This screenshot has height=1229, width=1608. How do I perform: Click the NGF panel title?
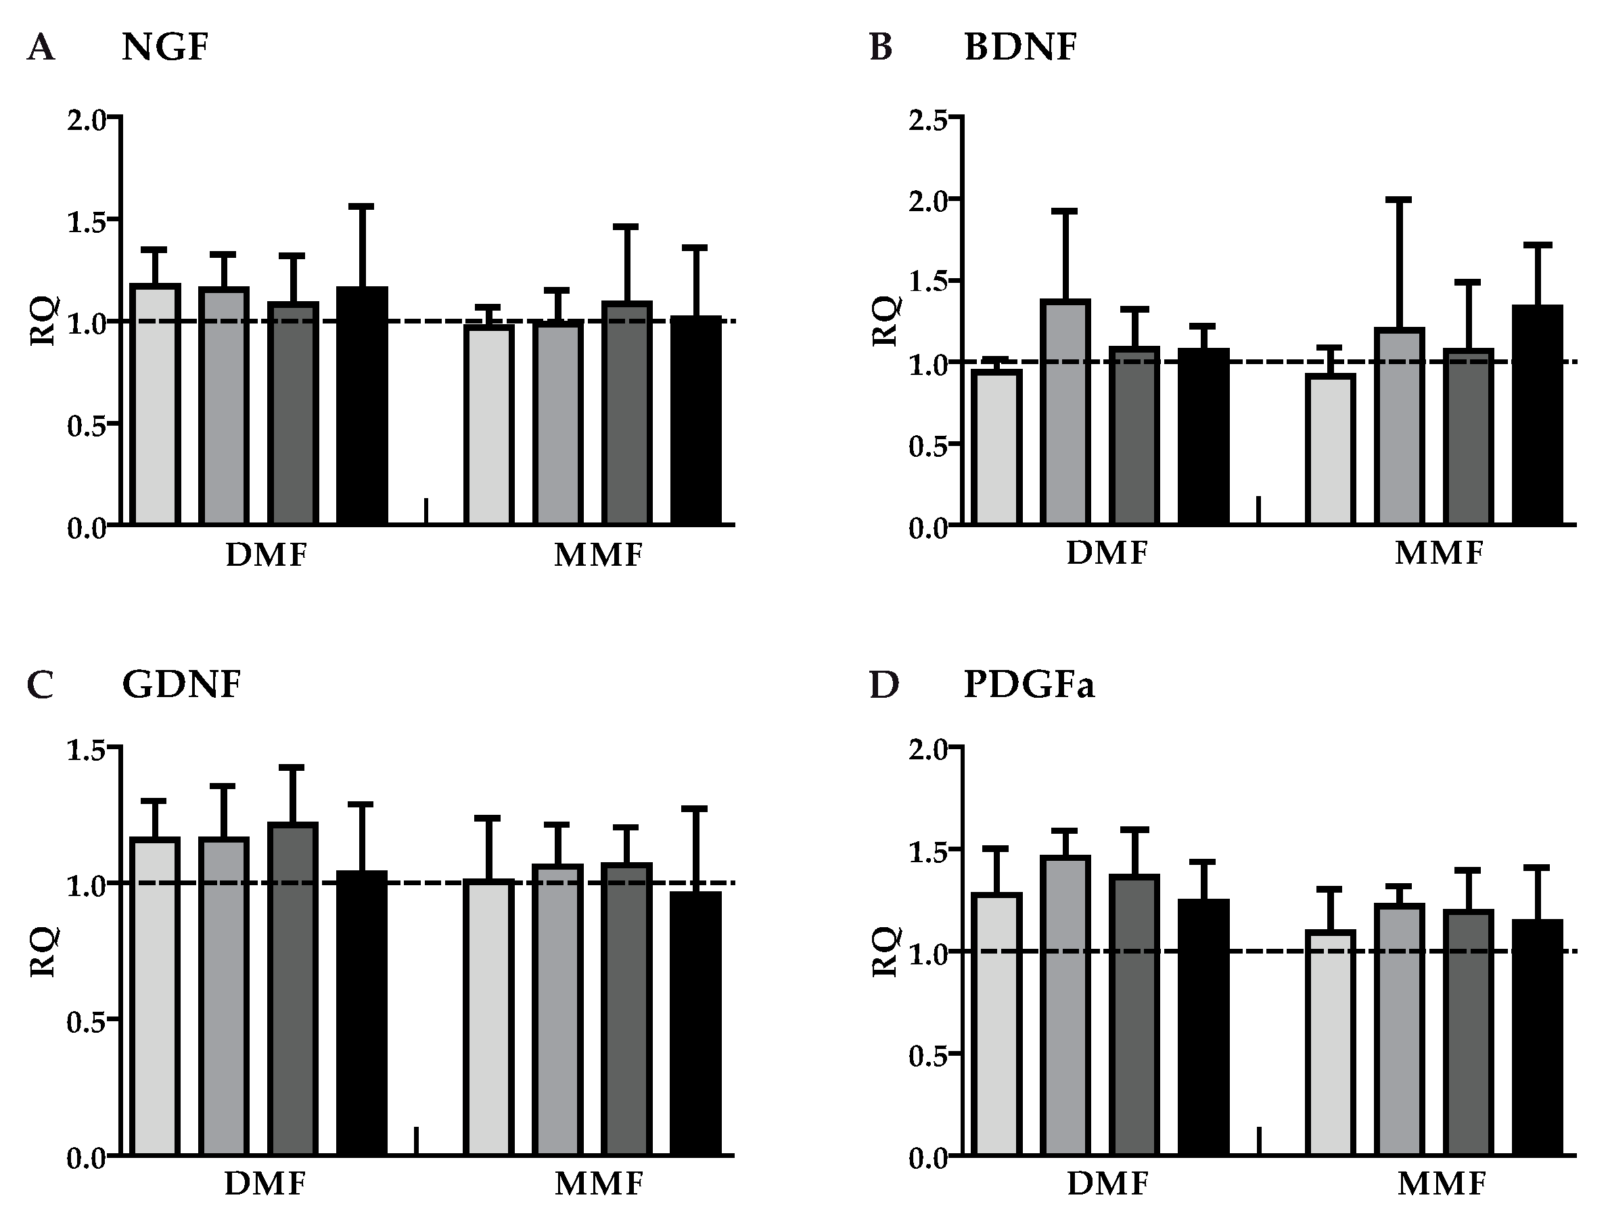pyautogui.click(x=165, y=47)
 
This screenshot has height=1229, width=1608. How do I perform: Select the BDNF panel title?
pyautogui.click(x=1020, y=47)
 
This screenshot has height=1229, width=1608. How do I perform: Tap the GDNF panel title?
pyautogui.click(x=181, y=685)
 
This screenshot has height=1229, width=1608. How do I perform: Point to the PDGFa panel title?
pyautogui.click(x=1029, y=685)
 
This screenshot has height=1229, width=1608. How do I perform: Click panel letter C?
pyautogui.click(x=40, y=686)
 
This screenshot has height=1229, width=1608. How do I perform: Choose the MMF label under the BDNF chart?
pyautogui.click(x=1438, y=553)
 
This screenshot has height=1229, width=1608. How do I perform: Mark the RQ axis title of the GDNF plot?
pyautogui.click(x=43, y=951)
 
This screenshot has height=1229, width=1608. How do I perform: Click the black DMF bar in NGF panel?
pyautogui.click(x=362, y=406)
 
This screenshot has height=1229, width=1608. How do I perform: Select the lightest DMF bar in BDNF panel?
pyautogui.click(x=996, y=448)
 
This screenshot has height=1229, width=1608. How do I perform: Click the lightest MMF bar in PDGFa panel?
pyautogui.click(x=1331, y=1042)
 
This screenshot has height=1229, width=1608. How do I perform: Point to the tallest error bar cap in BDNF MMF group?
pyautogui.click(x=1399, y=200)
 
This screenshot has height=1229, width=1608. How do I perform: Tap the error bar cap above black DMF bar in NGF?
pyautogui.click(x=362, y=207)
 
